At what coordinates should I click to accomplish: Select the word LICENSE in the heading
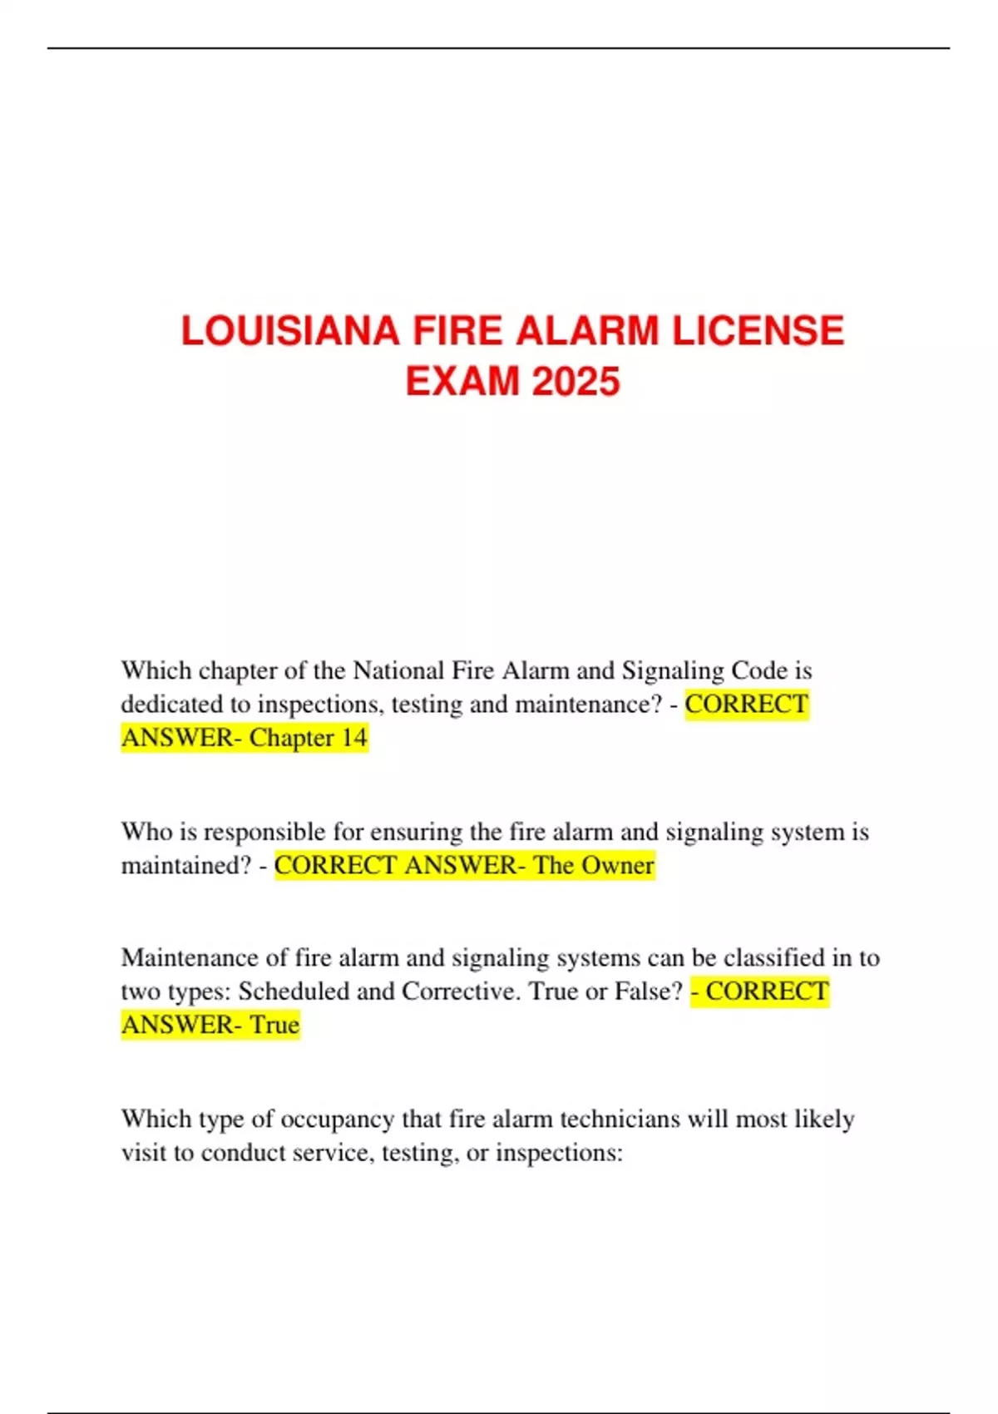758,331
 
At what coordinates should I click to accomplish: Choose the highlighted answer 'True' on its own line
274,1025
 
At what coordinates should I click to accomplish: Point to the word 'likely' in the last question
824,1120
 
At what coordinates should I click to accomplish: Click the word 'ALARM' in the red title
587,331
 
